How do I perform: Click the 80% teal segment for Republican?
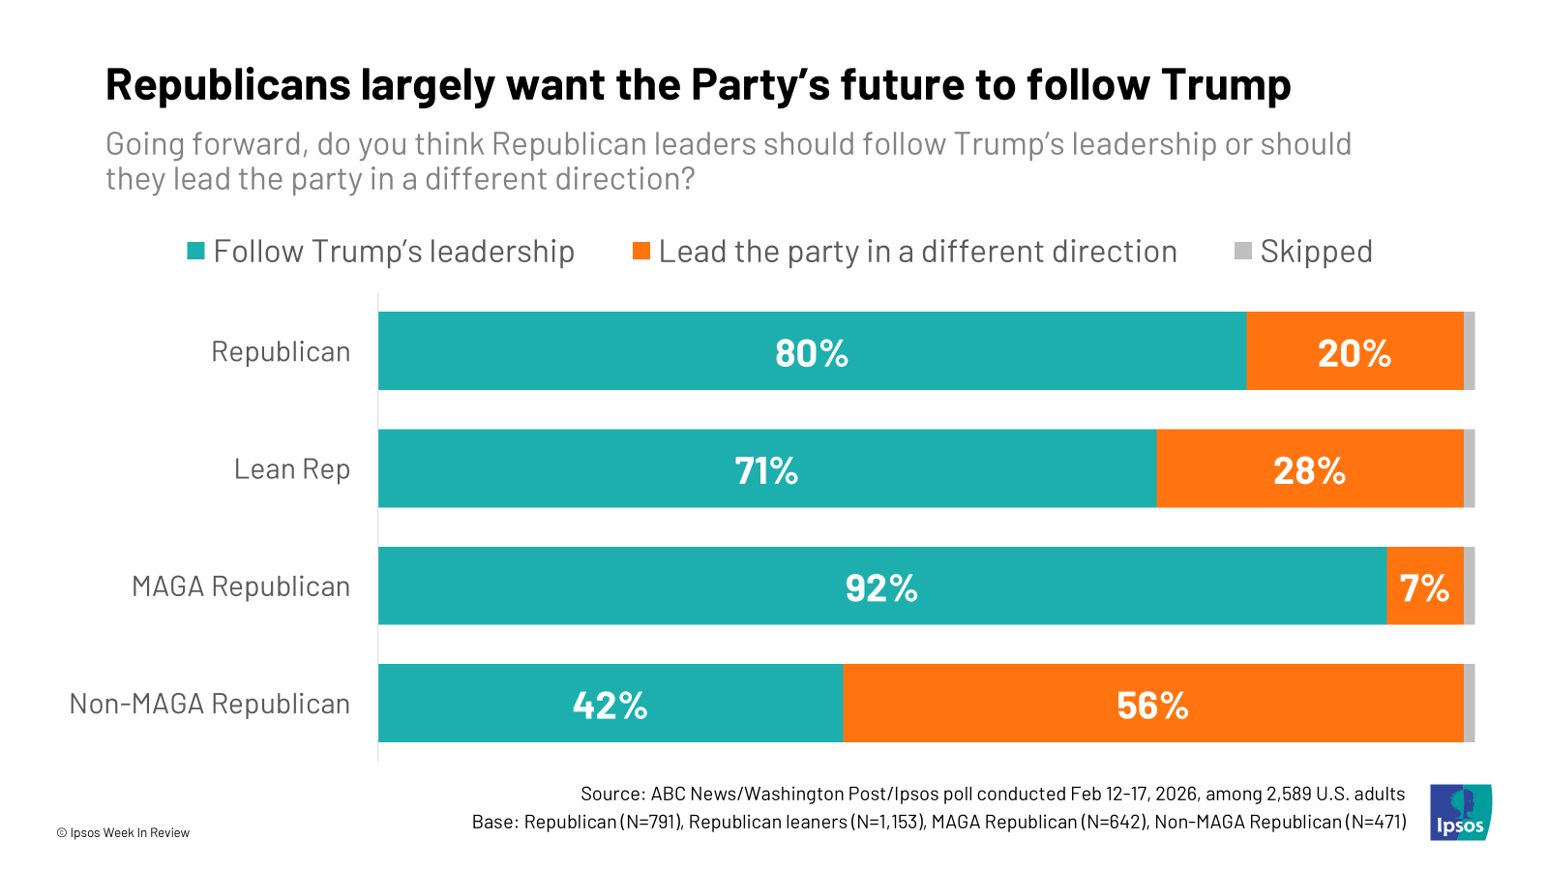coord(812,351)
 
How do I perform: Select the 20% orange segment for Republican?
coord(1354,351)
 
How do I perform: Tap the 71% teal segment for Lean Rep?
coord(766,468)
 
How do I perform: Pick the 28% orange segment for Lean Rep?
coord(1309,468)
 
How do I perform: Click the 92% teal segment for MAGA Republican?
coord(881,586)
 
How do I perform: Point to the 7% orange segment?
coord(1424,586)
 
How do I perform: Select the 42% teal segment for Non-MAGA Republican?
coord(610,704)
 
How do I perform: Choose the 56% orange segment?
coord(1152,704)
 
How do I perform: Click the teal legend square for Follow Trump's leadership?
coord(196,252)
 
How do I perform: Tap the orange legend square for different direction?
coord(641,252)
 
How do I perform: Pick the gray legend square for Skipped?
coord(1243,252)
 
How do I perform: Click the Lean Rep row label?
coord(292,469)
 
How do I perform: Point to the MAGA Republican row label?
coord(241,586)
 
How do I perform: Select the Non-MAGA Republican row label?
coord(210,704)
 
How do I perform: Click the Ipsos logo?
coord(1460,812)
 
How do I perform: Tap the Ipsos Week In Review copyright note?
coord(123,832)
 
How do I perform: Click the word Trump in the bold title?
coord(1226,85)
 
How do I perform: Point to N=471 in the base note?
coord(1373,822)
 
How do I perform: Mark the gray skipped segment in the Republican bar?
coord(1470,351)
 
